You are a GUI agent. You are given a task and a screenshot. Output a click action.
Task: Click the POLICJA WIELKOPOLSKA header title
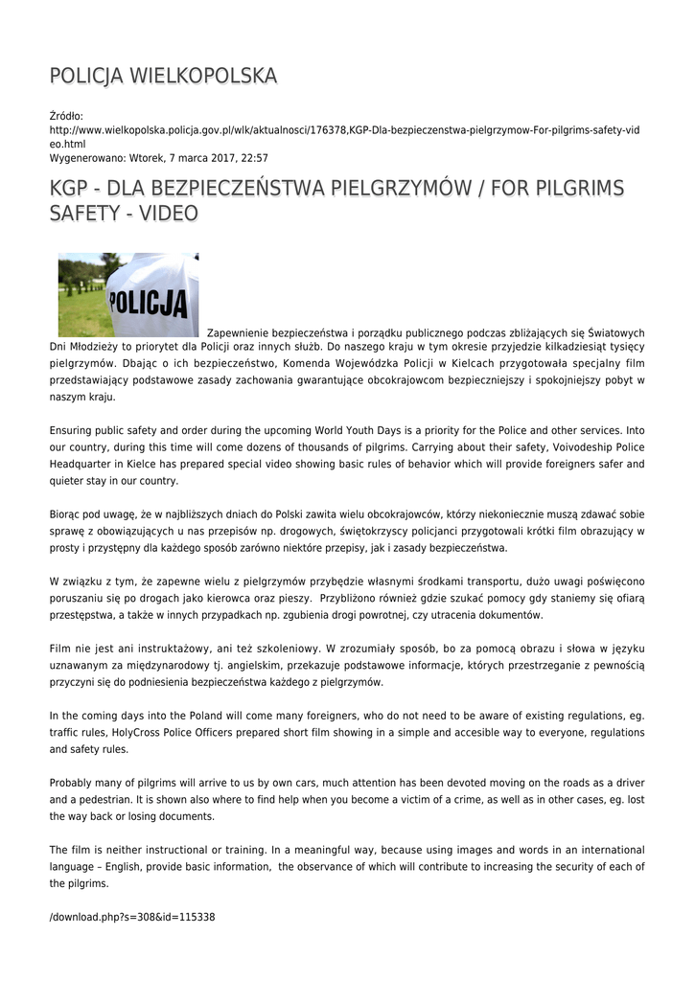pos(164,76)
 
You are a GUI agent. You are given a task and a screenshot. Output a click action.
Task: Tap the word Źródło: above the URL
pos(66,116)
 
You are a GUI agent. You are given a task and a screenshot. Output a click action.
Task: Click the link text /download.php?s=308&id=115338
pos(132,917)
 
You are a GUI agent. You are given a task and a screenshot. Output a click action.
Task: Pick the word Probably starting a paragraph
pos(74,782)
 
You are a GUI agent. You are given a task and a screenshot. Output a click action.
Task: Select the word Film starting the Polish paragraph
pos(61,648)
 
